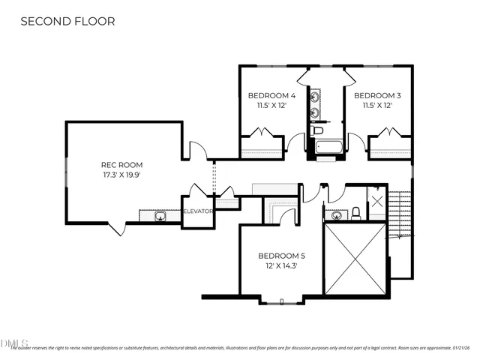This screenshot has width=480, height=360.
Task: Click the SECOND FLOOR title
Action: coord(67,21)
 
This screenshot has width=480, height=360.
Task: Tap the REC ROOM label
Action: coord(121,165)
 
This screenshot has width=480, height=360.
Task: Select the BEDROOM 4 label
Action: coord(271,96)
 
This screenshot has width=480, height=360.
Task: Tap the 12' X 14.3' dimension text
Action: coord(282,265)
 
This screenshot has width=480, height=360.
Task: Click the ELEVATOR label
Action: coord(199,211)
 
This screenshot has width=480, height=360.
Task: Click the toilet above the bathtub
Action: coord(318,132)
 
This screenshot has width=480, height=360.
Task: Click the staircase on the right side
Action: coord(401,225)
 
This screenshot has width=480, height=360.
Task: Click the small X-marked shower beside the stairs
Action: coord(376,200)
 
